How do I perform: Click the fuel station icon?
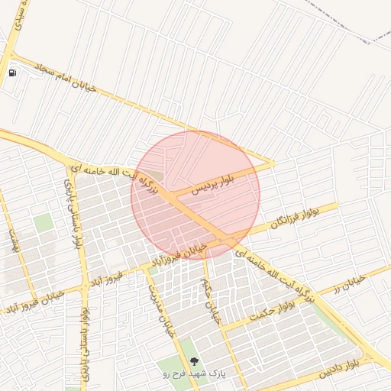(x=12, y=73)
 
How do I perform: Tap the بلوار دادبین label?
(x=336, y=371)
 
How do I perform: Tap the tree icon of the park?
(x=192, y=360)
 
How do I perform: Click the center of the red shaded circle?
(x=195, y=194)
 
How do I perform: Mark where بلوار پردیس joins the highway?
(x=174, y=196)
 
